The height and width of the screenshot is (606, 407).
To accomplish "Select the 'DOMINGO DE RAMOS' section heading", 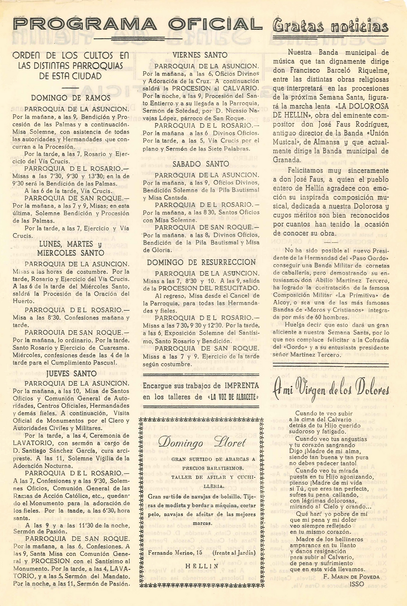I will click(71, 98).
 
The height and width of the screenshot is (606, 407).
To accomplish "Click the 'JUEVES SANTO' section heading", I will click(71, 374).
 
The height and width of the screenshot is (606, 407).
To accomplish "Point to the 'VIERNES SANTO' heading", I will click(200, 55).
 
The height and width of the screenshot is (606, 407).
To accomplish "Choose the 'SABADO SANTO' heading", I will click(201, 164).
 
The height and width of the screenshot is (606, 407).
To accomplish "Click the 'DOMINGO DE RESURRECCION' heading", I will click(201, 262).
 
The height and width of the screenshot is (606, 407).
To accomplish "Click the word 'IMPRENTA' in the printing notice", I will click(241, 386).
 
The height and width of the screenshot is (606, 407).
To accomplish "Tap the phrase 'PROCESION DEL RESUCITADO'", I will click(209, 288).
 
